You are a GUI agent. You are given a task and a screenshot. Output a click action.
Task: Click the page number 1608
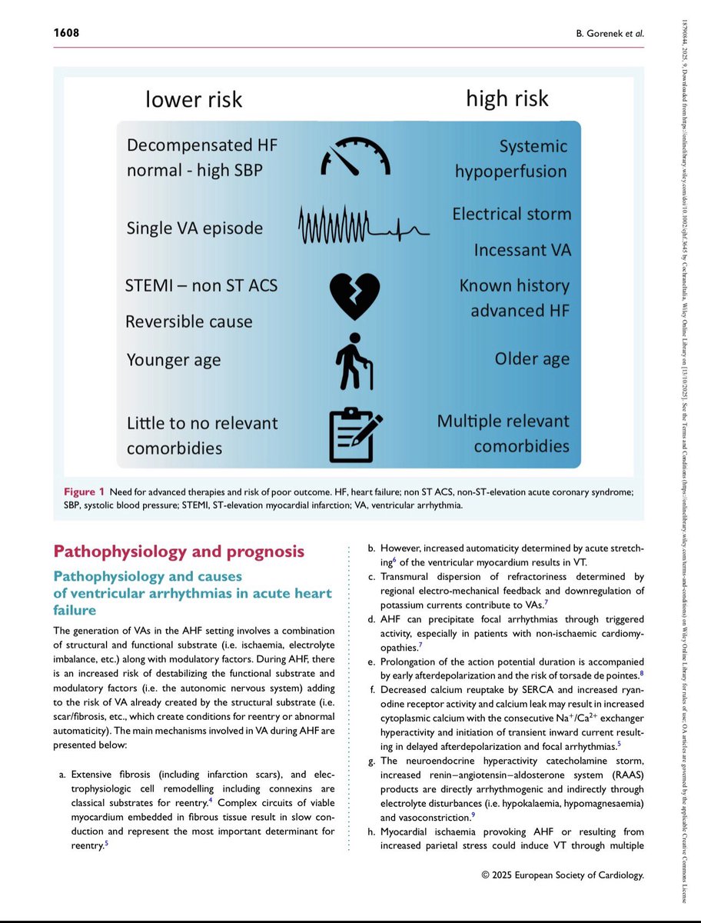66,33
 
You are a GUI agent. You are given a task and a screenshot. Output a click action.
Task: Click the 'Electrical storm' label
511,213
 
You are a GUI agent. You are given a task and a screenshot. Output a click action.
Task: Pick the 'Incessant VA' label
522,250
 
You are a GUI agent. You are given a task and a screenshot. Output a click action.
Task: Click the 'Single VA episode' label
194,228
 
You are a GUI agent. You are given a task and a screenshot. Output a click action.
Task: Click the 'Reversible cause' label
188,322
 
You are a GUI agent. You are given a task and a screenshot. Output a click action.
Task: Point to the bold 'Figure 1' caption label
81,491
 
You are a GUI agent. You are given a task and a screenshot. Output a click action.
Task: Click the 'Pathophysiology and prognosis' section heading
178,551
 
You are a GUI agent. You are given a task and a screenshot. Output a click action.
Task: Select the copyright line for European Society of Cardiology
562,875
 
